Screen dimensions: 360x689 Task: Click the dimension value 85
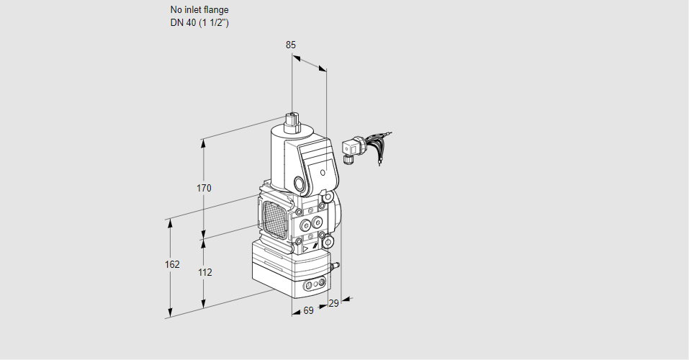tap(290, 45)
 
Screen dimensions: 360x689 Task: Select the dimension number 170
tap(204, 189)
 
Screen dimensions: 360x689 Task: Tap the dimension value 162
tap(172, 265)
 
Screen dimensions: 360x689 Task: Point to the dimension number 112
tap(204, 273)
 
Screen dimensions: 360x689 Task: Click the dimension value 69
tap(308, 311)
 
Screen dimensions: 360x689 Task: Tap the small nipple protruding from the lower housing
tap(333, 266)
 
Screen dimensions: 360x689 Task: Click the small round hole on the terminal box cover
tap(323, 174)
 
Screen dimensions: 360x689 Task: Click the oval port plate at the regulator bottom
tap(313, 286)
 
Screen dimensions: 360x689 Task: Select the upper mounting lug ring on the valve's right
tap(328, 197)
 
